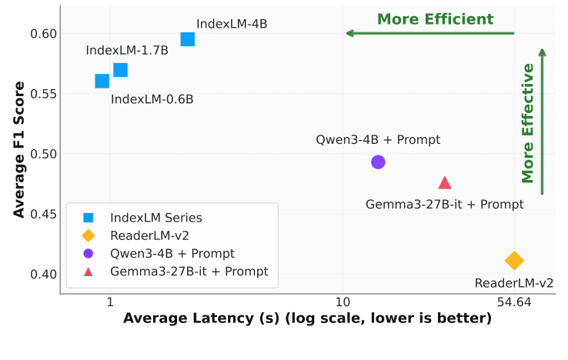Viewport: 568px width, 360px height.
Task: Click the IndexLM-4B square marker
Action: (x=187, y=39)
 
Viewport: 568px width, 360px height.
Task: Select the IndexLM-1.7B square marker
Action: (x=120, y=70)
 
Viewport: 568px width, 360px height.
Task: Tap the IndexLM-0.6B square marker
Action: (x=102, y=81)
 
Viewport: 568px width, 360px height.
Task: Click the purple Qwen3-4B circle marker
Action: (x=378, y=162)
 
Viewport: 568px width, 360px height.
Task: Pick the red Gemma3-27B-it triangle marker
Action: (x=445, y=183)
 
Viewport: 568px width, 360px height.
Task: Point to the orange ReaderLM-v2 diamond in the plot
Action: (x=514, y=261)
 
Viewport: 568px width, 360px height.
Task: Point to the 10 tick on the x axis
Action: (x=342, y=302)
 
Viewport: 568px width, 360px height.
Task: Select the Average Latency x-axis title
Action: (x=307, y=318)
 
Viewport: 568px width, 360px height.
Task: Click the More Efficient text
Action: (x=435, y=19)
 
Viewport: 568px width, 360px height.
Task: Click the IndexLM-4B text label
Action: (x=232, y=24)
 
